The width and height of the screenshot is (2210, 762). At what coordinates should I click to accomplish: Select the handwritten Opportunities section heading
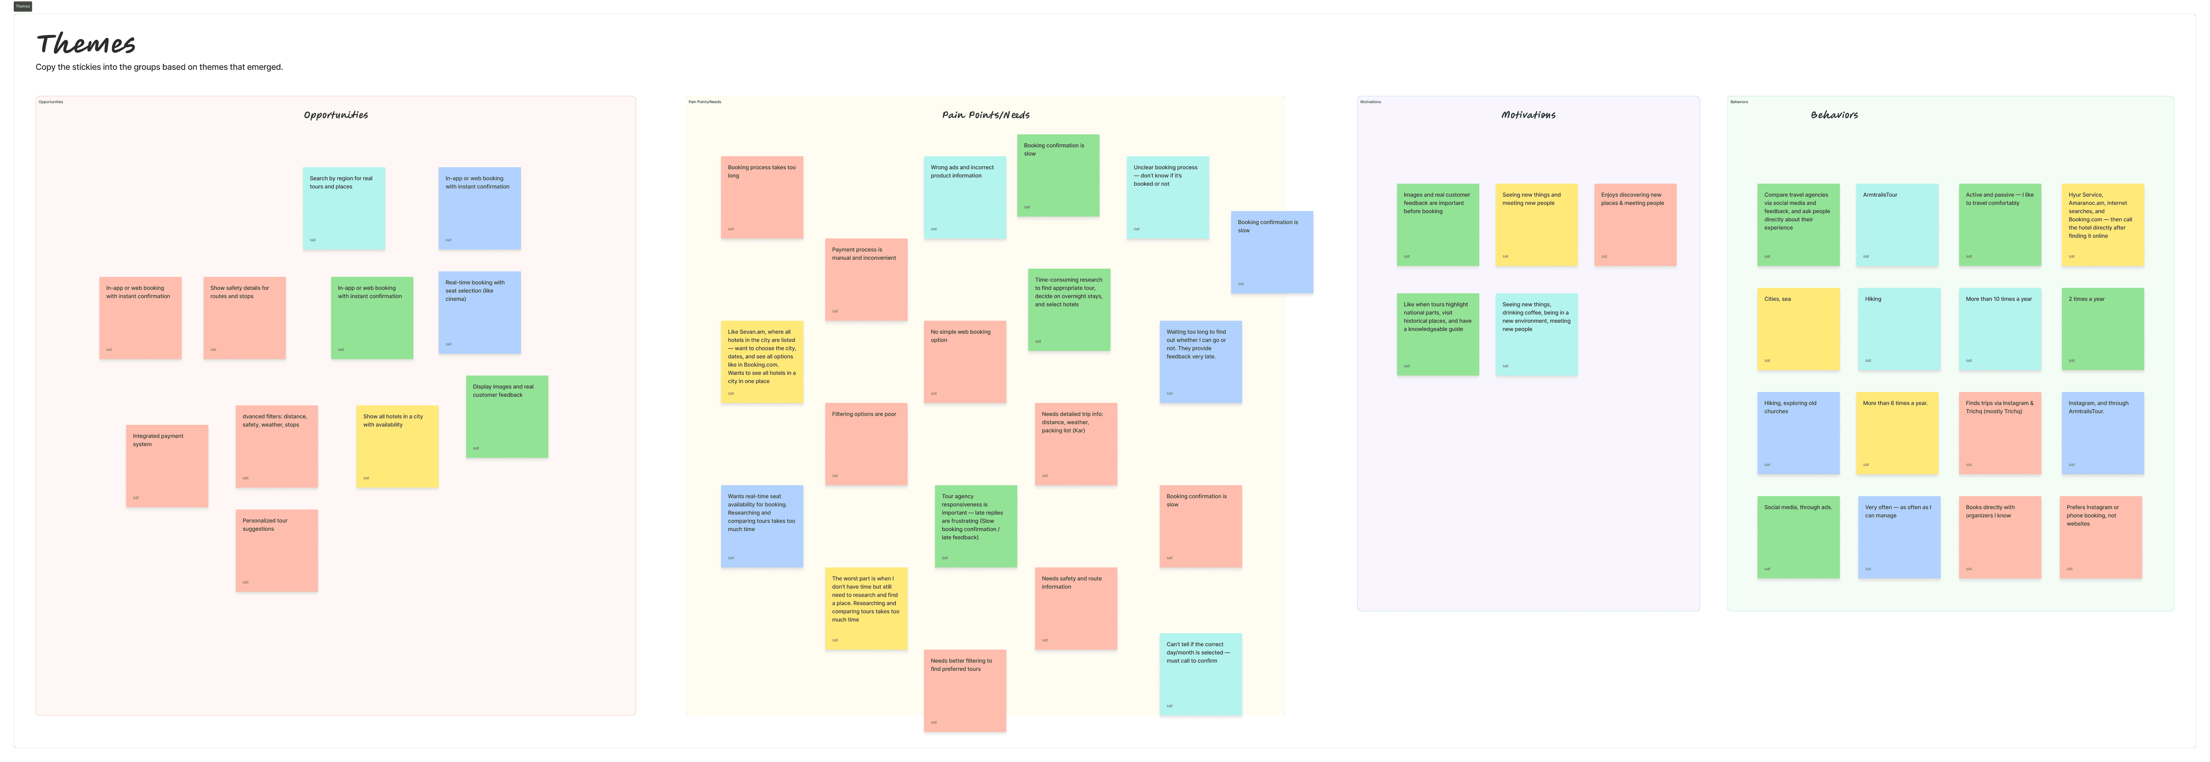click(336, 115)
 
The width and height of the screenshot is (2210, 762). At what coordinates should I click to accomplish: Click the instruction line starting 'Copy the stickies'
click(159, 67)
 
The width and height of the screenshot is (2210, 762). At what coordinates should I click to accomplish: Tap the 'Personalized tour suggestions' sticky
click(276, 550)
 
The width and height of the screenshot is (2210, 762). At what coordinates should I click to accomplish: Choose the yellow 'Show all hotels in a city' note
click(397, 446)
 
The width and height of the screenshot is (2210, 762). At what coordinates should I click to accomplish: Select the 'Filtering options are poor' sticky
click(866, 444)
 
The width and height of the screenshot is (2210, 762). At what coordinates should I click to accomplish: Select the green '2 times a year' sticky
click(2102, 329)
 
